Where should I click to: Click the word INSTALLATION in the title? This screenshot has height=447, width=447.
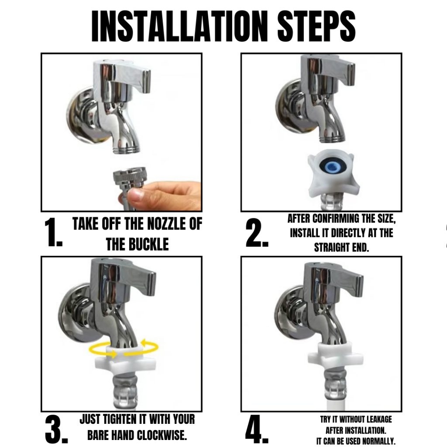pos(179,27)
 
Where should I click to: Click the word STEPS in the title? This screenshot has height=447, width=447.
pos(316,27)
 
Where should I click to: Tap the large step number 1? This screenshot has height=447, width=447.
pos(53,232)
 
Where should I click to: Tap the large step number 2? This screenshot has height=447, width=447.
pos(257,233)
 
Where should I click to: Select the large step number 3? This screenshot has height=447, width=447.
pos(56,430)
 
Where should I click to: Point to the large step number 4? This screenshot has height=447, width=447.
pos(257,430)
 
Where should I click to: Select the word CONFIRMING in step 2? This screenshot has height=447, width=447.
pos(336,219)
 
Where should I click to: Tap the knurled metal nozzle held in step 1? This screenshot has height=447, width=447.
pos(130,178)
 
